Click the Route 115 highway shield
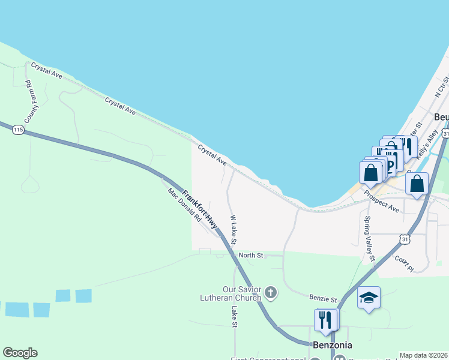click(18, 130)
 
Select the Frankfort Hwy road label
click(199, 209)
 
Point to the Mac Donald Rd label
click(184, 205)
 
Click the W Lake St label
click(234, 230)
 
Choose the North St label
click(251, 256)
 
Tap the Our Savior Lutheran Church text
click(242, 293)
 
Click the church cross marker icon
click(271, 293)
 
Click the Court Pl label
click(404, 263)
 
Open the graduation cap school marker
click(368, 298)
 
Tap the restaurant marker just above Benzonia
click(326, 320)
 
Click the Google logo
click(20, 353)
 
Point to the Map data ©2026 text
click(423, 355)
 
